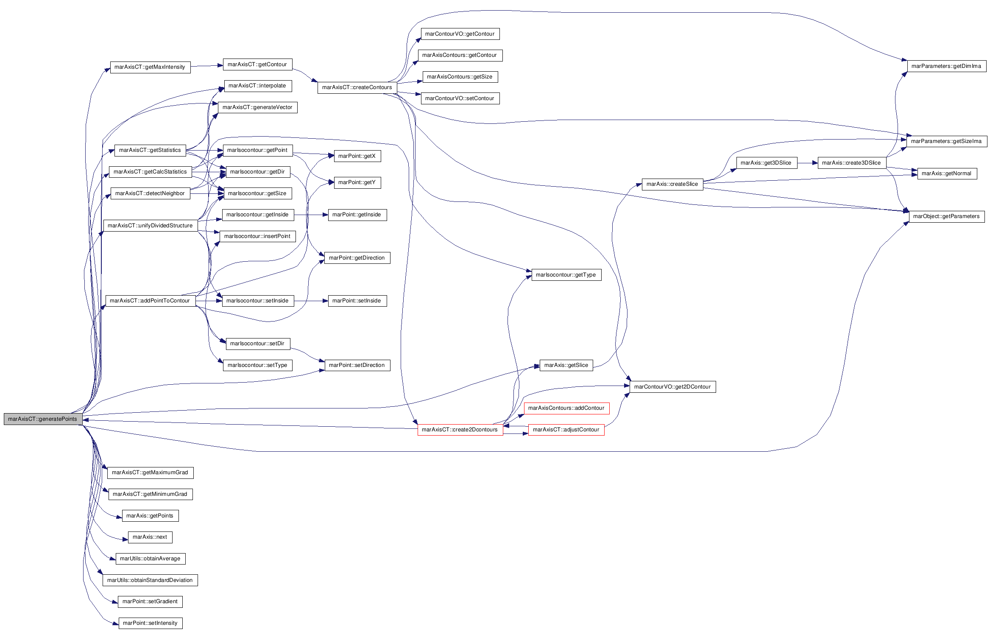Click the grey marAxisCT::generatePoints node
(43, 419)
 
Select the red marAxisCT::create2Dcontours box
(460, 430)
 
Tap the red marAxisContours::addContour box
(566, 408)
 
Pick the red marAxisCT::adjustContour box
(566, 430)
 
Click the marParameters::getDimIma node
(946, 66)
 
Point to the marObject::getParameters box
(946, 216)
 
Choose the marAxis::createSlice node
(672, 184)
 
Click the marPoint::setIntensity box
(150, 623)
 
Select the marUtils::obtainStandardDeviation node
(150, 580)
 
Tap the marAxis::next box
(150, 537)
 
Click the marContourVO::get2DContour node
(672, 387)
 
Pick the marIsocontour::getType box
(566, 275)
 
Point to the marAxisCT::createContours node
(357, 87)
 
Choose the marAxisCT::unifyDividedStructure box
(150, 226)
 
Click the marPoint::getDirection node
(357, 258)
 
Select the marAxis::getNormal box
(947, 173)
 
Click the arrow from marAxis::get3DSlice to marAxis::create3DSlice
(807, 163)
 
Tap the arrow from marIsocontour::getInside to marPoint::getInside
(311, 215)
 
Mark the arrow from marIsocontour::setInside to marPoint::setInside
(311, 301)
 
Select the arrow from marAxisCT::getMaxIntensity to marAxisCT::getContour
(206, 66)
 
